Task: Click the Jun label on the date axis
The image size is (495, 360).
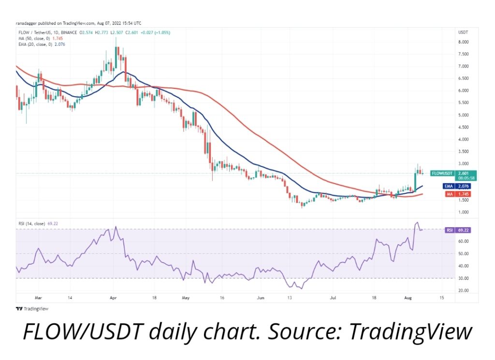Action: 262,299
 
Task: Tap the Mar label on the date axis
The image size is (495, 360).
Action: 39,299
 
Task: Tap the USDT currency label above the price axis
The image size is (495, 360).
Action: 463,32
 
